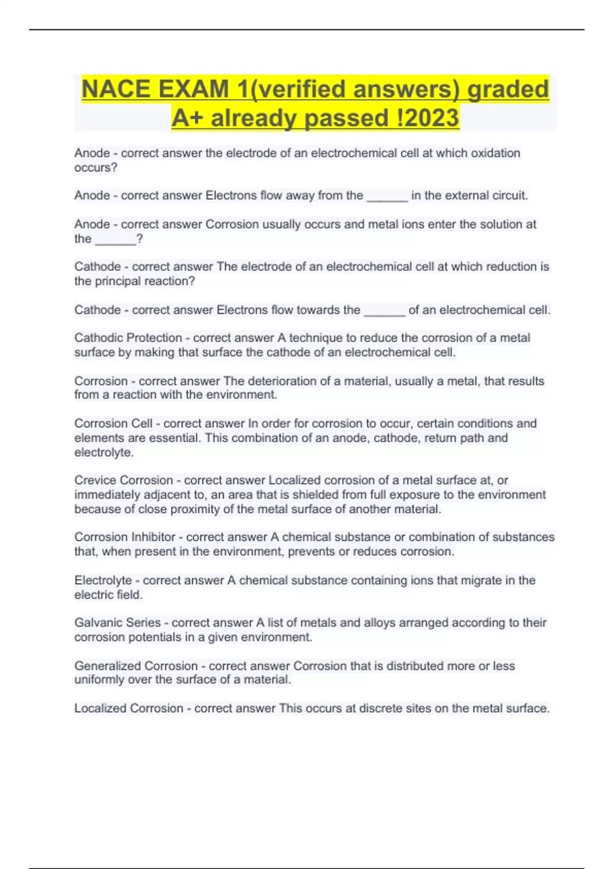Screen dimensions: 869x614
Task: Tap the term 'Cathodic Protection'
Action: (x=128, y=338)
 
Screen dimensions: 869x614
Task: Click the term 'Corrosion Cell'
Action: (x=113, y=424)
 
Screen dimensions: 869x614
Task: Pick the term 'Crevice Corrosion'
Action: (x=123, y=481)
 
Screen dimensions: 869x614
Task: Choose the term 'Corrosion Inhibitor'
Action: (x=125, y=537)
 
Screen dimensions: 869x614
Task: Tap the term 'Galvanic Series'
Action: (x=117, y=623)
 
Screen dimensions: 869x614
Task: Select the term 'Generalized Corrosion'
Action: (x=136, y=666)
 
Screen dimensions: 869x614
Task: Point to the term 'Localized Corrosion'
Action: (x=128, y=708)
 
